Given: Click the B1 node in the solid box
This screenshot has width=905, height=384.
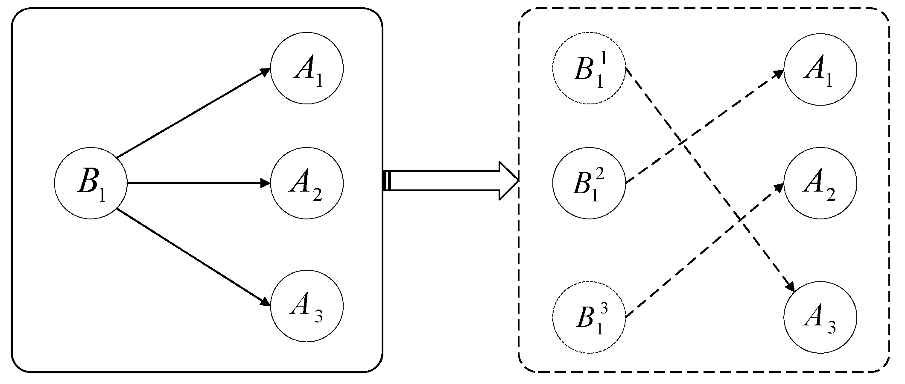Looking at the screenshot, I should pyautogui.click(x=90, y=183).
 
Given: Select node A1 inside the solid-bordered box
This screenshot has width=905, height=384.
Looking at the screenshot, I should pyautogui.click(x=307, y=69).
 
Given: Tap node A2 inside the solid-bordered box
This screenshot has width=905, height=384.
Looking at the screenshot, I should pyautogui.click(x=307, y=183).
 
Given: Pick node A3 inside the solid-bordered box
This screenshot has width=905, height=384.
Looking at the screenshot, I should pyautogui.click(x=307, y=306).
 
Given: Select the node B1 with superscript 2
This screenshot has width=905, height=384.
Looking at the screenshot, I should pyautogui.click(x=589, y=183).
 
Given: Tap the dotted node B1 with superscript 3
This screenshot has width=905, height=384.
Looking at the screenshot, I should pyautogui.click(x=589, y=317).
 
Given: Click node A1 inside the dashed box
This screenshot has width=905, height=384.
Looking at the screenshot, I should pyautogui.click(x=820, y=69).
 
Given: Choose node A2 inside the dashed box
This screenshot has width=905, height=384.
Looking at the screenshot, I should pyautogui.click(x=820, y=183).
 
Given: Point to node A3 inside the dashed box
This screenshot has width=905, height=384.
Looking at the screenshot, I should pyautogui.click(x=820, y=317).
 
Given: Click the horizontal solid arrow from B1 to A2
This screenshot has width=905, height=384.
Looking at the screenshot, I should pyautogui.click(x=196, y=183).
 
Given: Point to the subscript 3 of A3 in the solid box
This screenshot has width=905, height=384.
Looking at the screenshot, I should pyautogui.click(x=318, y=317).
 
